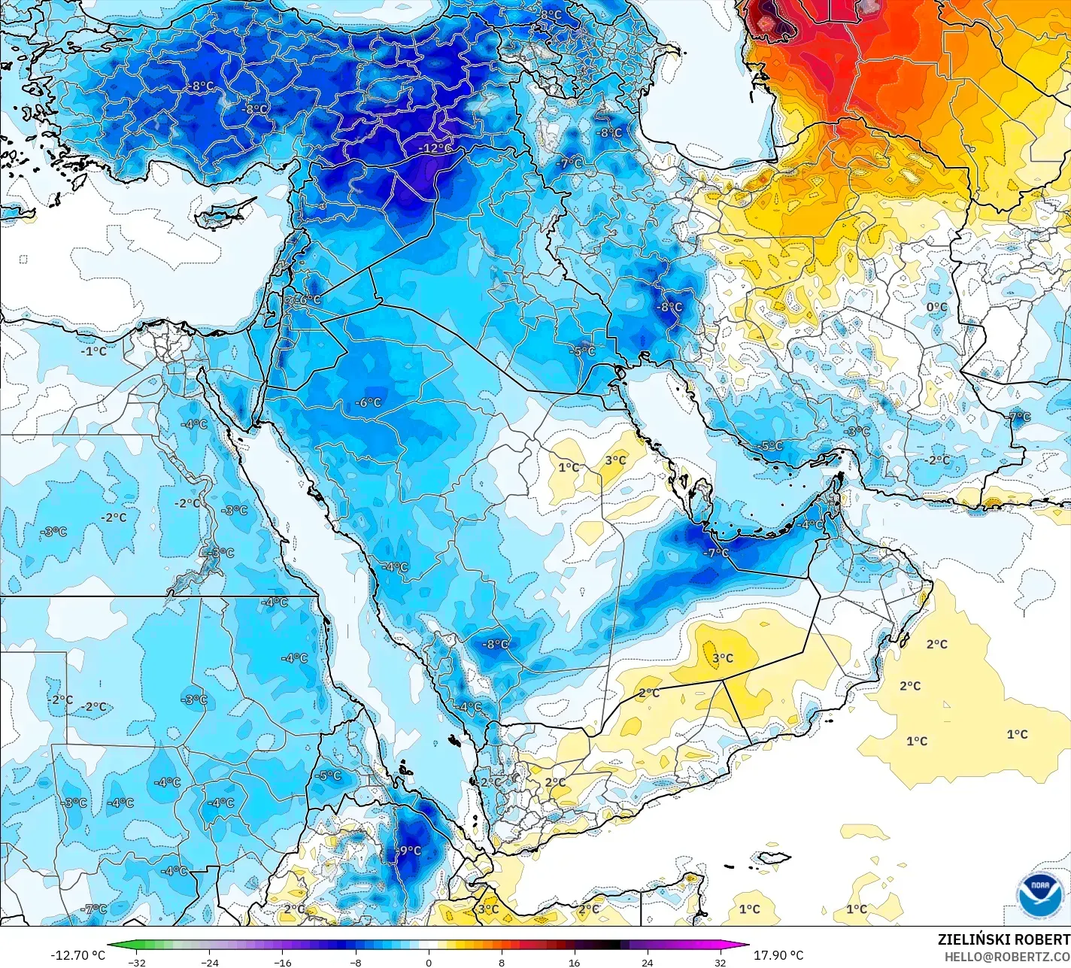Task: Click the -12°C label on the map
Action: (x=435, y=148)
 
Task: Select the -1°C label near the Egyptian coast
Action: (x=94, y=350)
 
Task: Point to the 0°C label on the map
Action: (x=936, y=307)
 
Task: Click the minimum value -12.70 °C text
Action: (x=78, y=955)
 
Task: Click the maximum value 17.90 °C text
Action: (x=778, y=955)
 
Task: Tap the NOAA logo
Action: (x=1039, y=896)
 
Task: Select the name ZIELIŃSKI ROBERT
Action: (x=1003, y=939)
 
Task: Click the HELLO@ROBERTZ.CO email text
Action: (x=1007, y=956)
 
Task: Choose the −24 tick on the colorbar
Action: (x=209, y=962)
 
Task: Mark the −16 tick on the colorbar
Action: (x=282, y=962)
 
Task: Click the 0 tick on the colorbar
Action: (x=429, y=962)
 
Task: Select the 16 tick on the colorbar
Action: (x=574, y=962)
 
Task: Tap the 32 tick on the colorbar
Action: (x=720, y=962)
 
